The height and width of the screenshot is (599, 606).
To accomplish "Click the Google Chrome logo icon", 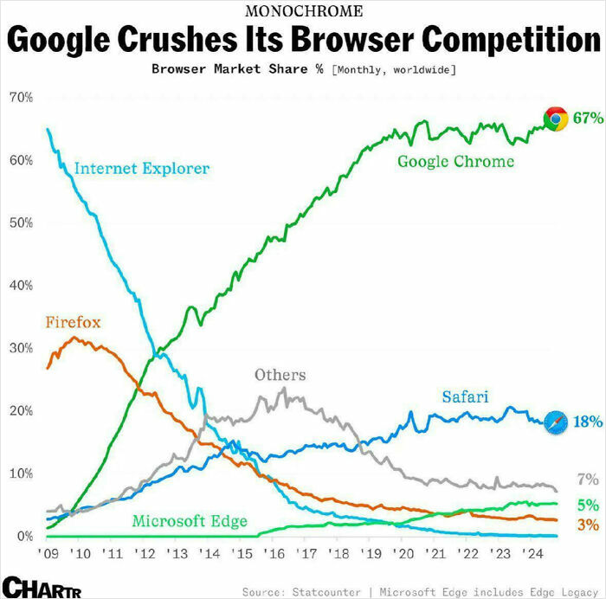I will tap(555, 119).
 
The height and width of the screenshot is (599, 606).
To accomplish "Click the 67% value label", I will tap(588, 119).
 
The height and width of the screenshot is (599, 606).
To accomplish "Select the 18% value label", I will tap(588, 422).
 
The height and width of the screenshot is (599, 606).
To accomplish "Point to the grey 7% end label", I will tap(588, 480).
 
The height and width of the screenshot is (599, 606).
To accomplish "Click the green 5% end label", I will tap(588, 505).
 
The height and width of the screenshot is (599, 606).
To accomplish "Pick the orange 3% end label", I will tap(588, 525).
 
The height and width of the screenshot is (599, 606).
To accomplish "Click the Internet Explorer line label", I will tap(141, 168).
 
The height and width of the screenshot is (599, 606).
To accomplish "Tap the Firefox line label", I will tap(73, 323).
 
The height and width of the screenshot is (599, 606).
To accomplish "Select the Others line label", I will tap(280, 375).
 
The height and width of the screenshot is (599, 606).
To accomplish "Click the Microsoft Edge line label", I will tap(189, 521).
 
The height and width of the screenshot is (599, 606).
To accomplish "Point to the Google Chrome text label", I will tap(455, 161).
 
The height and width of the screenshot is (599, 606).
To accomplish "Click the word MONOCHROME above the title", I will tap(305, 11).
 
